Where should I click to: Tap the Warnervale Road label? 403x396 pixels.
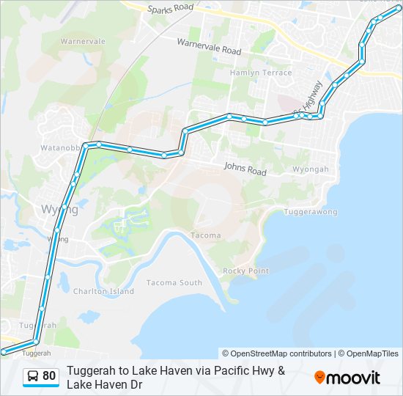(209, 46)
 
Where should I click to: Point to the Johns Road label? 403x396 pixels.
(245, 169)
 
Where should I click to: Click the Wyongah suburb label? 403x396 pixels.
(311, 169)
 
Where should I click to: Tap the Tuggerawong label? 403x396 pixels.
(311, 212)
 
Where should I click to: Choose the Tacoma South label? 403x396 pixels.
(174, 282)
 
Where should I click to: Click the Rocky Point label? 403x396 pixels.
(245, 271)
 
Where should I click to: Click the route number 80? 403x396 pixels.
(49, 376)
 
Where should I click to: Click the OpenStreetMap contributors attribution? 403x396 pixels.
(277, 353)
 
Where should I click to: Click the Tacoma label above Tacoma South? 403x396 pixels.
(204, 235)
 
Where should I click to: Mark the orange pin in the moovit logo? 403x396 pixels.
(319, 378)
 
